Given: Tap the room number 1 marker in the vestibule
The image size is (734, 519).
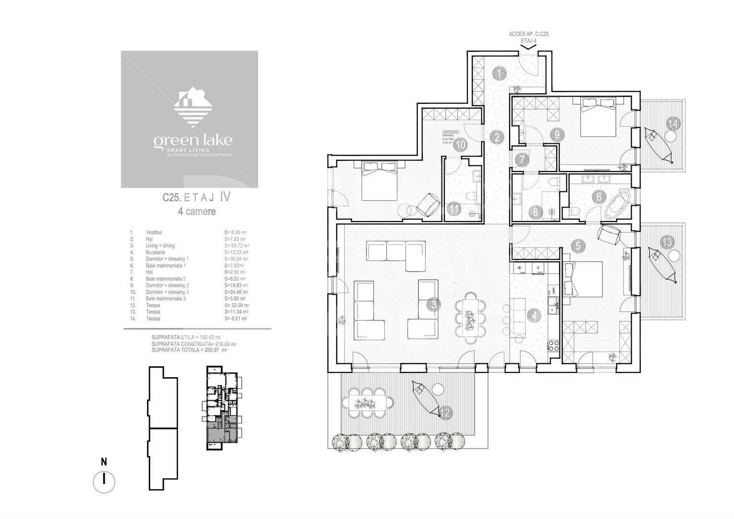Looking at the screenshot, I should click(x=500, y=74).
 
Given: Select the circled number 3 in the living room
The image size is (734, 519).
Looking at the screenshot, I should click(x=434, y=304).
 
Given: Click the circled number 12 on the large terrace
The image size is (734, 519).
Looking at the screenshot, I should click(x=446, y=412).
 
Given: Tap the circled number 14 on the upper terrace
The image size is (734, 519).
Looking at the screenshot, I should click(x=673, y=124).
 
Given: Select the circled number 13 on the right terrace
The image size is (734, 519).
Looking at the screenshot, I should click(x=667, y=242).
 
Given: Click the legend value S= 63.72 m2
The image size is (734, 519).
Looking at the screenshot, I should click(x=236, y=246).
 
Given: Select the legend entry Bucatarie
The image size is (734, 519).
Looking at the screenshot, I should click(x=155, y=252).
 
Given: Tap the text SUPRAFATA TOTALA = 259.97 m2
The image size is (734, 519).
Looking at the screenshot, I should click(x=189, y=350).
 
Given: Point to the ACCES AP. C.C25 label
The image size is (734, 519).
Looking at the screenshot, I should click(x=528, y=35).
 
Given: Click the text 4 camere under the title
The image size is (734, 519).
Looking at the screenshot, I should click(x=196, y=211).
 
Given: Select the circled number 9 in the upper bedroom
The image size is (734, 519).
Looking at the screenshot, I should click(x=557, y=135).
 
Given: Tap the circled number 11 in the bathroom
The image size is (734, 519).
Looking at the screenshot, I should click(x=454, y=209).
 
